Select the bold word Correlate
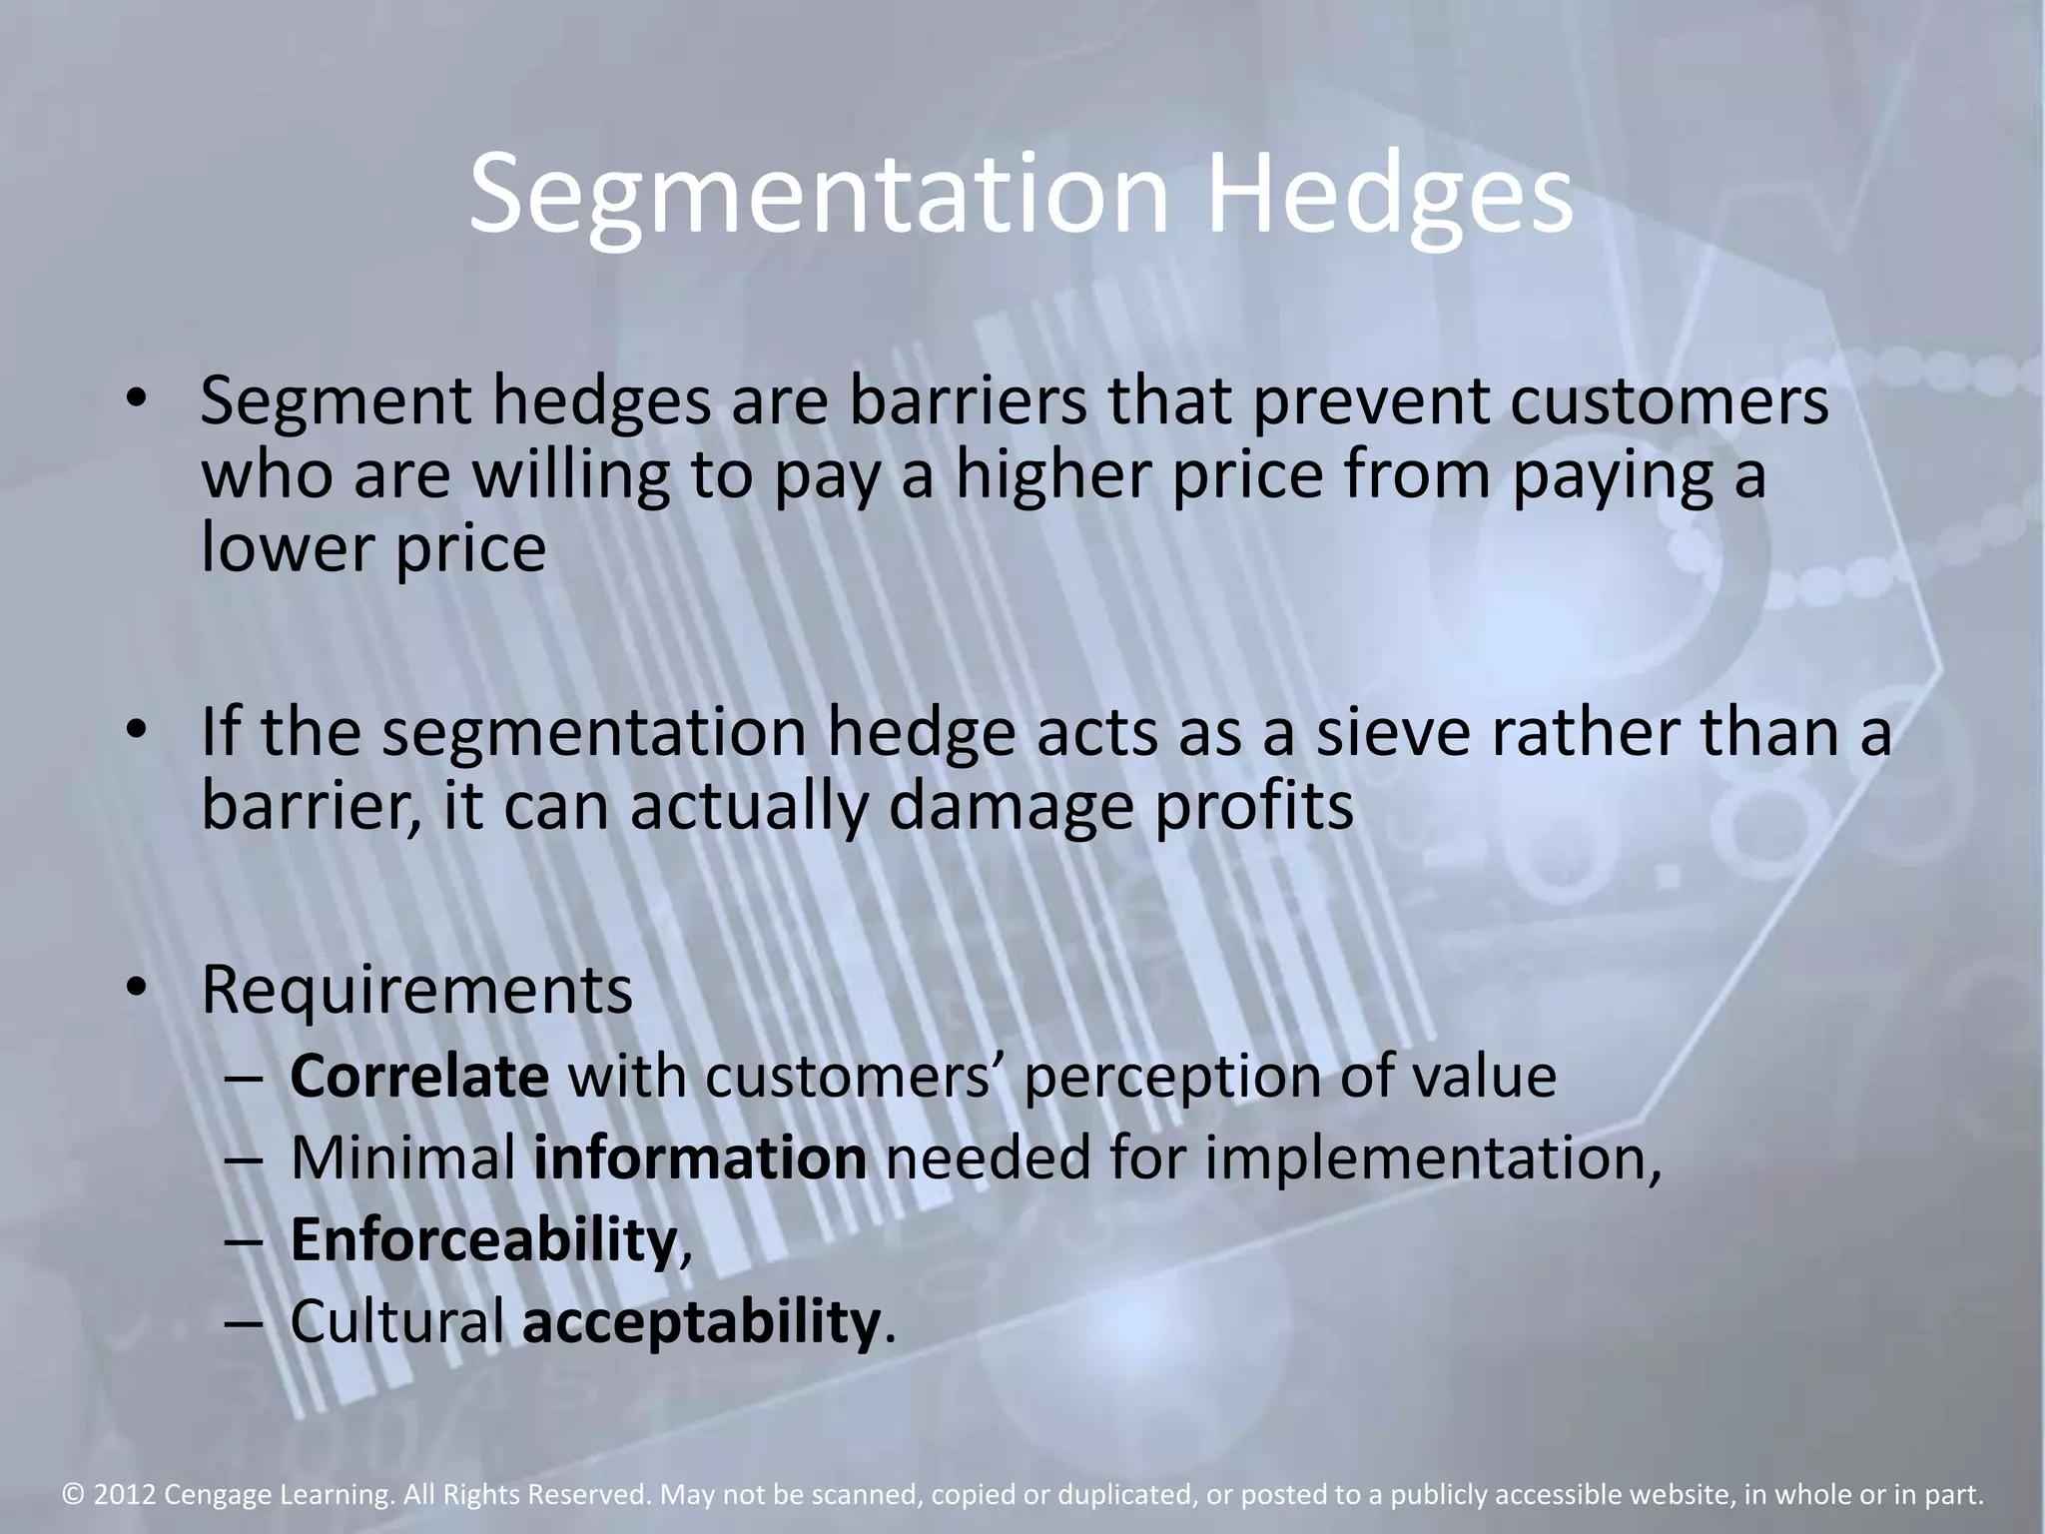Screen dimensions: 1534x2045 [419, 1077]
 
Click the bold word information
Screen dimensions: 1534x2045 [700, 1158]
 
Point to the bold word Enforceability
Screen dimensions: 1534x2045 [483, 1240]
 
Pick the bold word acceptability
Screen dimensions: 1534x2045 [701, 1323]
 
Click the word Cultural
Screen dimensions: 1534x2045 [397, 1321]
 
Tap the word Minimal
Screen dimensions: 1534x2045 [403, 1158]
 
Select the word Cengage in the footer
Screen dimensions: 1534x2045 [210, 1496]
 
